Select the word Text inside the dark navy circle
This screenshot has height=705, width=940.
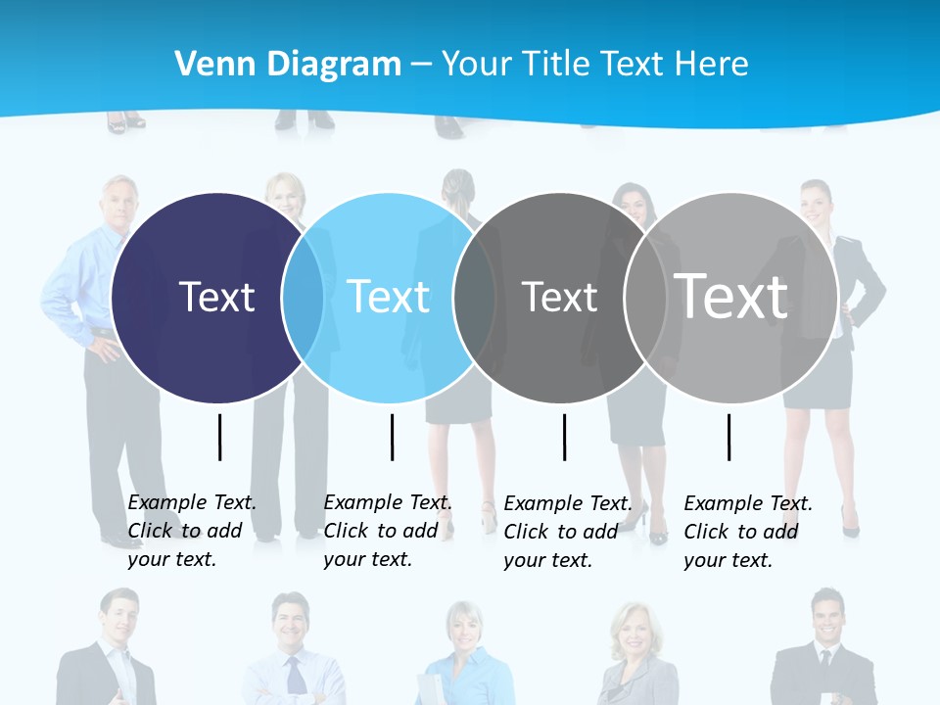216,297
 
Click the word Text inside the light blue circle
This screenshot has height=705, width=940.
389,297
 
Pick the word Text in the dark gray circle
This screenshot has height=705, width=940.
559,297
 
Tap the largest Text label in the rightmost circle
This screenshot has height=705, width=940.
731,296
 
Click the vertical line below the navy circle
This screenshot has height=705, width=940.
220,437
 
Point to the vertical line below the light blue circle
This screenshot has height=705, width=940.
392,437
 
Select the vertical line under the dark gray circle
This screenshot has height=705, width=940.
564,437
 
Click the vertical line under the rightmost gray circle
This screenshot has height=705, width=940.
728,437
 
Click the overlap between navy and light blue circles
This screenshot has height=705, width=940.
303,298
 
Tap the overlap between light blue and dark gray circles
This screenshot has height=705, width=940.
474,298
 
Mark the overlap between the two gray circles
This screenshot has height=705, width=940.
645,298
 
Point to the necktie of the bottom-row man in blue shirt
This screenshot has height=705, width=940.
294,676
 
